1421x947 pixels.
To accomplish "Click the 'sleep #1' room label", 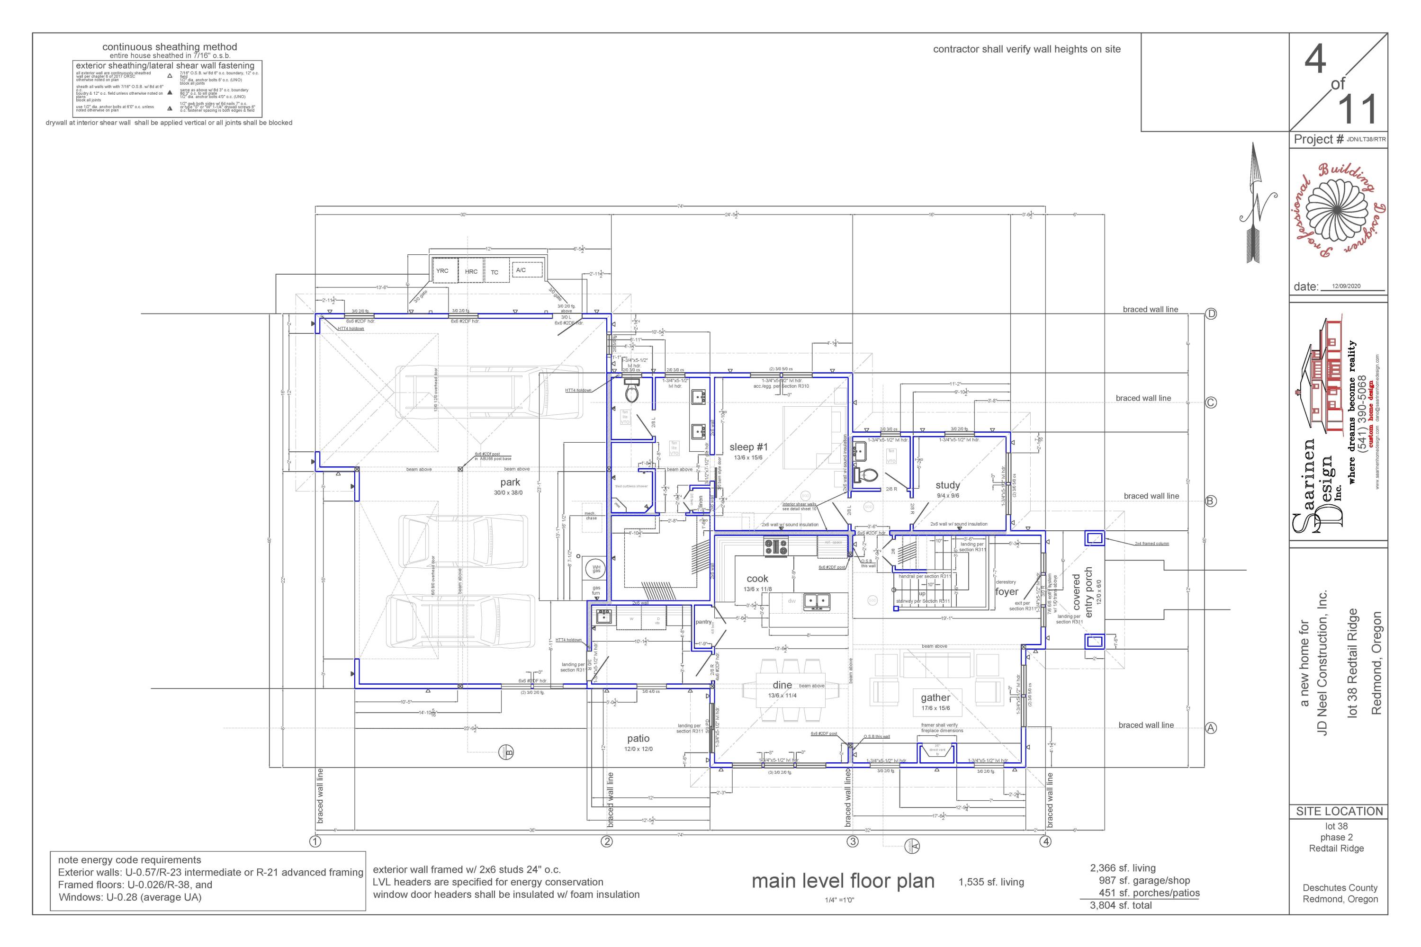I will coord(748,447).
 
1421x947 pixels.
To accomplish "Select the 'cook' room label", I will coord(757,579).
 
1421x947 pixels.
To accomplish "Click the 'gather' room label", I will coord(935,697).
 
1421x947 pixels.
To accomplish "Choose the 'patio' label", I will coord(638,738).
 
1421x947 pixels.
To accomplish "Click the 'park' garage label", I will coord(510,482).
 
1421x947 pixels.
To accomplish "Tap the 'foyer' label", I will coord(1007,592).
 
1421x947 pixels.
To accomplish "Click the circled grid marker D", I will coord(1211,314).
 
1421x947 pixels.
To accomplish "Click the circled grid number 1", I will coord(315,841).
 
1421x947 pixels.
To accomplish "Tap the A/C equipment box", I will coord(520,270).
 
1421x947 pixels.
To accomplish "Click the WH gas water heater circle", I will coord(596,569).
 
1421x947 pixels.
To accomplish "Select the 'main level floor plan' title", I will coord(843,881).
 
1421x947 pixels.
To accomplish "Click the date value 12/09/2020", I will coord(1346,286).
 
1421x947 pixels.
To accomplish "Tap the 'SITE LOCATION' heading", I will coord(1339,811).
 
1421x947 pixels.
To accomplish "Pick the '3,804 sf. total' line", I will coord(1121,905).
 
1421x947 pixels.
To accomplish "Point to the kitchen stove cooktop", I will coord(776,547).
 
